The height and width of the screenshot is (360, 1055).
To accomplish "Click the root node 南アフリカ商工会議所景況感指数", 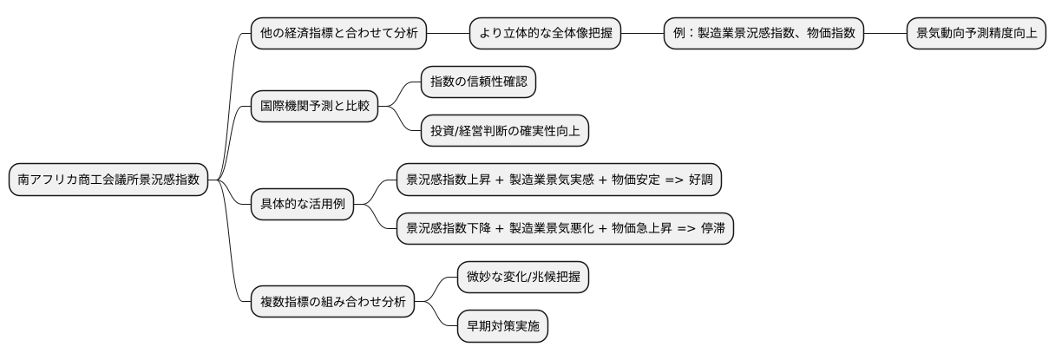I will pyautogui.click(x=108, y=180).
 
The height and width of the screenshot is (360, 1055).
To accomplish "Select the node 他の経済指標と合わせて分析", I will pyautogui.click(x=339, y=34).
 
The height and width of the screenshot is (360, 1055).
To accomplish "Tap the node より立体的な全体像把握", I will pyautogui.click(x=546, y=34).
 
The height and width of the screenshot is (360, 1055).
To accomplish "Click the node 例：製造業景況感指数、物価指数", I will pyautogui.click(x=763, y=34).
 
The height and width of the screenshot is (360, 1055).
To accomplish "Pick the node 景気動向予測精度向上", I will pyautogui.click(x=976, y=34).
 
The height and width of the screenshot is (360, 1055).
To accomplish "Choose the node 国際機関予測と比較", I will pyautogui.click(x=315, y=107).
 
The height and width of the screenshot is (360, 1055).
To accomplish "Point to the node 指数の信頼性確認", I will pyautogui.click(x=478, y=82).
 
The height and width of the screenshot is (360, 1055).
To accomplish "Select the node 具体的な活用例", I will pyautogui.click(x=303, y=204).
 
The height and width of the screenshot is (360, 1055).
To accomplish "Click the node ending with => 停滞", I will pyautogui.click(x=565, y=228).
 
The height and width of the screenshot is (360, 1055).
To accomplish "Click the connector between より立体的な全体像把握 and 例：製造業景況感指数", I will pyautogui.click(x=643, y=34).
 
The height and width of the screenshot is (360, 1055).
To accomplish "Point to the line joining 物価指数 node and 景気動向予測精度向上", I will pyautogui.click(x=885, y=34).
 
